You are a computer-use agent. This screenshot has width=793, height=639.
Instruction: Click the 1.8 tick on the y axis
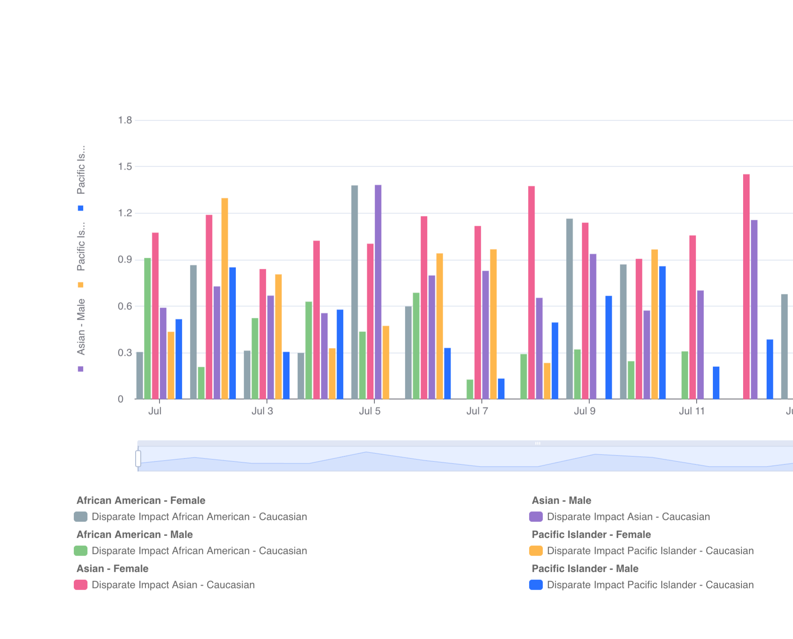[125, 121]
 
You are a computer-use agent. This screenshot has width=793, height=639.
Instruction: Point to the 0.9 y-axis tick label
[125, 260]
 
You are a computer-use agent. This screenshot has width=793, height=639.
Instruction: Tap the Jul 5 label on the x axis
[370, 411]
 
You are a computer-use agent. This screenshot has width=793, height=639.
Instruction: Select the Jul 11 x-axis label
[692, 411]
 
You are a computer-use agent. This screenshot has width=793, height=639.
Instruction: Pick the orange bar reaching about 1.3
[225, 298]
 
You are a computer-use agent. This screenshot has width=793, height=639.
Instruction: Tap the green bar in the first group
[148, 328]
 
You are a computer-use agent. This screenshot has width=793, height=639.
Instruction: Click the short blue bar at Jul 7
[501, 389]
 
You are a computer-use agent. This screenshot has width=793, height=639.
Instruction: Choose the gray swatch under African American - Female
[81, 517]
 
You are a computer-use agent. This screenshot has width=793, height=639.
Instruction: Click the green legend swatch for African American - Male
[81, 551]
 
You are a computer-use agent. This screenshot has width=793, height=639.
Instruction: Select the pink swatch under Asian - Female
[81, 585]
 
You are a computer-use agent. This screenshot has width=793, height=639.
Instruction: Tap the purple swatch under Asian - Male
[536, 517]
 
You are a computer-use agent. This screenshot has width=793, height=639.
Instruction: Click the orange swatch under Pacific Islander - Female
[536, 551]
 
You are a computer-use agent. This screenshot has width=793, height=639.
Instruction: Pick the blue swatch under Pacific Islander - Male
[536, 585]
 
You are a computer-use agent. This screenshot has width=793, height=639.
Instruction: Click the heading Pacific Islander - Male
[585, 569]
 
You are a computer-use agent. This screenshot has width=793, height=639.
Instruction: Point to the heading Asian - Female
[113, 569]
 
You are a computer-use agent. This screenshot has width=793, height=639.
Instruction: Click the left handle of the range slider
[138, 458]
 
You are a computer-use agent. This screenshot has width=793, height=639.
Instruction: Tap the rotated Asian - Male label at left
[81, 327]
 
